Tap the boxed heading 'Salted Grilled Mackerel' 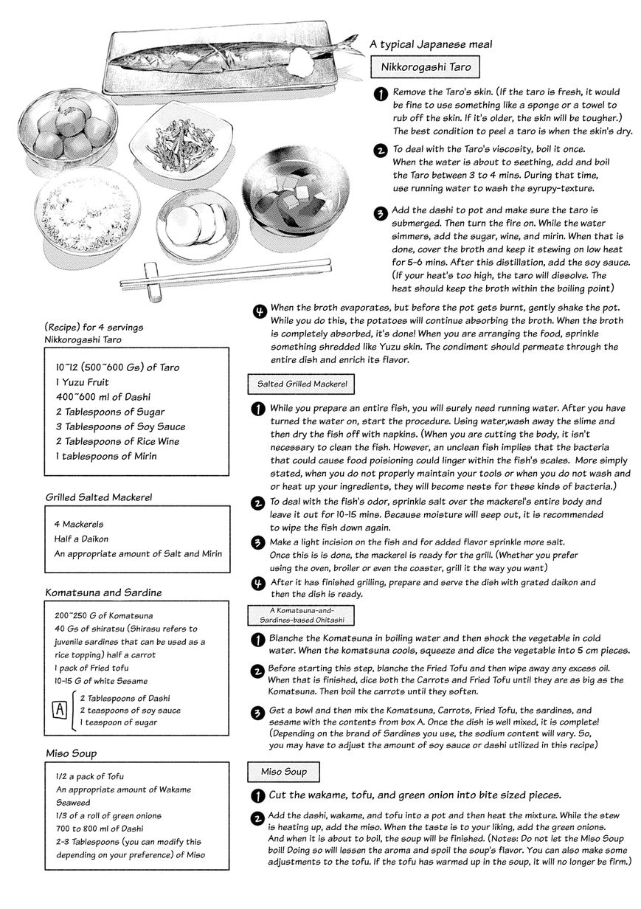point(302,384)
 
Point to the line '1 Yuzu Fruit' point(82,382)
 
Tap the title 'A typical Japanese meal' point(431,44)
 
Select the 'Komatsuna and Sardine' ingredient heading point(103,592)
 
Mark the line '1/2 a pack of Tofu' point(89,776)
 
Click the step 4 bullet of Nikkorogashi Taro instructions point(259,311)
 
